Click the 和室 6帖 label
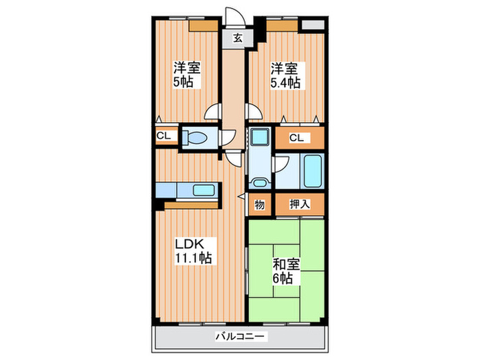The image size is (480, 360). pyautogui.click(x=283, y=269)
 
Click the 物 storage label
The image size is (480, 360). pyautogui.click(x=260, y=204)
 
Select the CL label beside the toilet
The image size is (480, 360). pyautogui.click(x=164, y=136)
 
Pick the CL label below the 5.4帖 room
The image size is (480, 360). pyautogui.click(x=296, y=138)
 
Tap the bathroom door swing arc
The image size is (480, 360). pyautogui.click(x=281, y=165)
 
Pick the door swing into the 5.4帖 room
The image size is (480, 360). pyautogui.click(x=252, y=113)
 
